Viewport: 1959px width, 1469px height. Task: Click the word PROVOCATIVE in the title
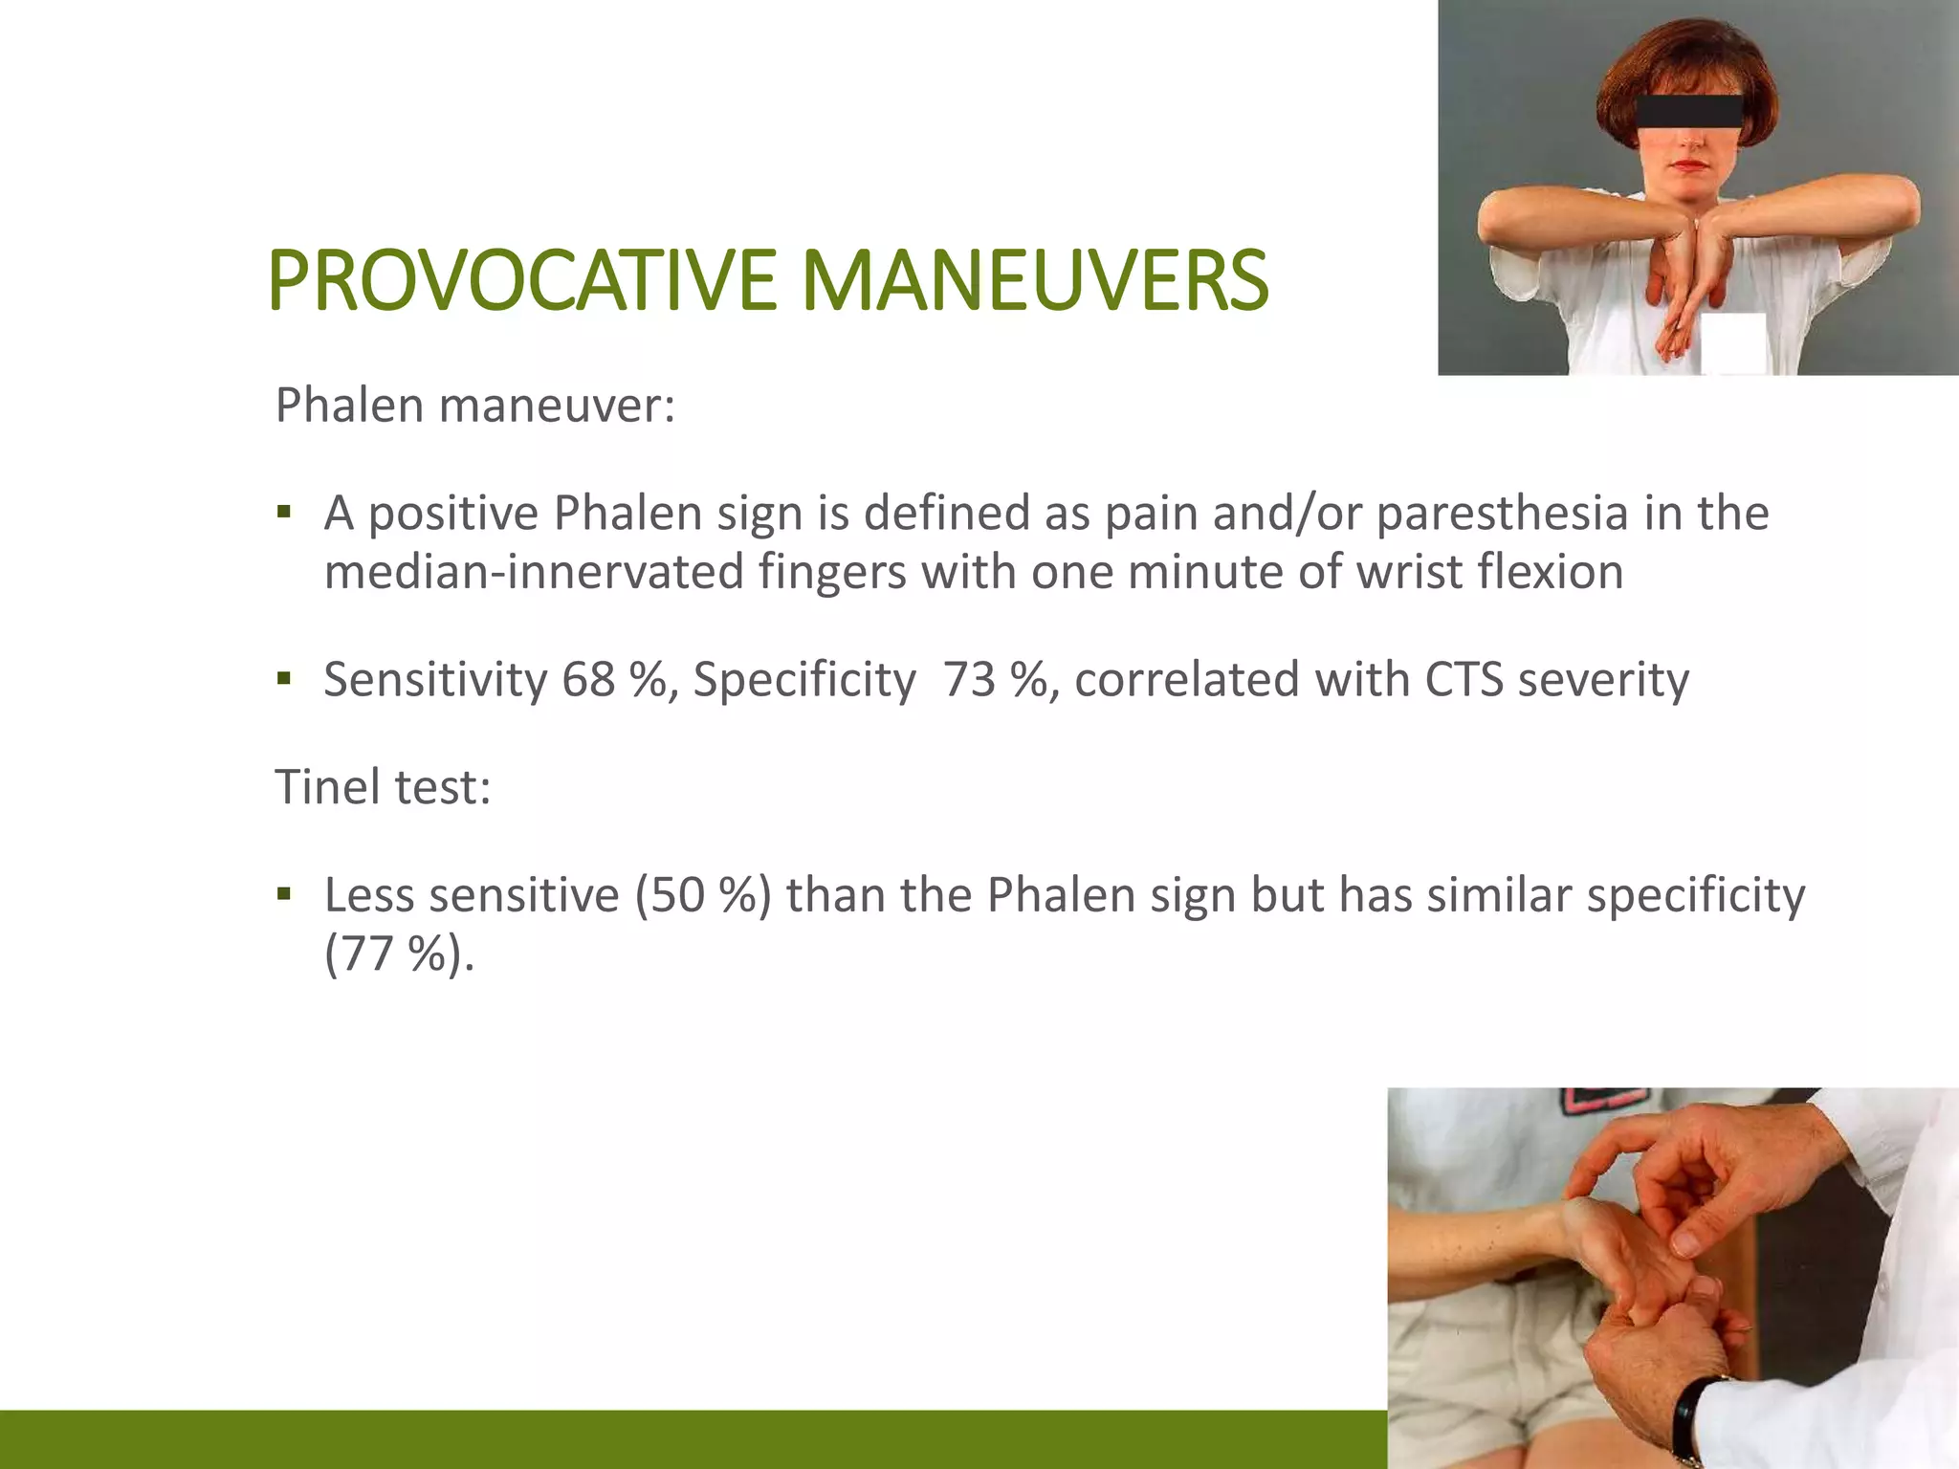(521, 280)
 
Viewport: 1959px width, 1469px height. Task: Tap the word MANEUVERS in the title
(1034, 280)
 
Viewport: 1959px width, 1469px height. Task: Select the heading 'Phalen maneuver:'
(475, 406)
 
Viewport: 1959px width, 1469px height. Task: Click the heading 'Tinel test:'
(383, 787)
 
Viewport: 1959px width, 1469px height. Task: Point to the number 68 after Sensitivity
(587, 680)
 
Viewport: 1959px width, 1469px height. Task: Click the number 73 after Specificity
(969, 680)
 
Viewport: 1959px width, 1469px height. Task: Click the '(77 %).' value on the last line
(399, 954)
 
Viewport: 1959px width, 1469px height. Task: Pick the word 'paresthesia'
(1502, 513)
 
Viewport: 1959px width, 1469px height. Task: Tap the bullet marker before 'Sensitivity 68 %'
(283, 680)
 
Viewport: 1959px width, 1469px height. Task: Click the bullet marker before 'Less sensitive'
(283, 895)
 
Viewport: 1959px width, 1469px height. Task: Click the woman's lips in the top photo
(1691, 167)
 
